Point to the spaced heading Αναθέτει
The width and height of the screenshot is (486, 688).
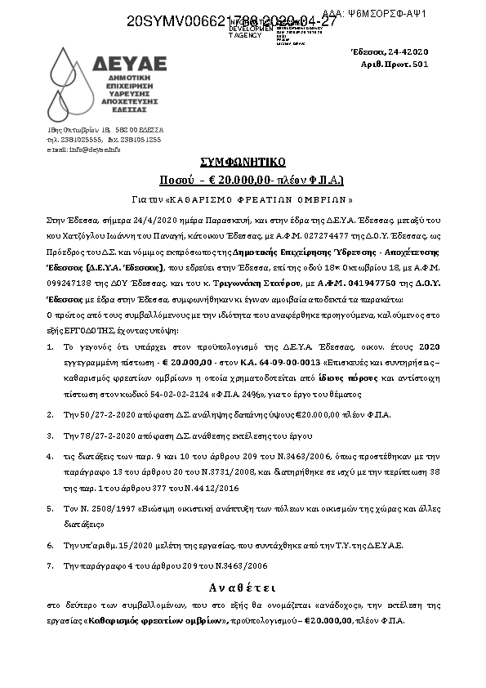click(x=243, y=587)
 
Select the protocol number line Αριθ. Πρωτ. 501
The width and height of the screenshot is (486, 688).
click(x=394, y=64)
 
